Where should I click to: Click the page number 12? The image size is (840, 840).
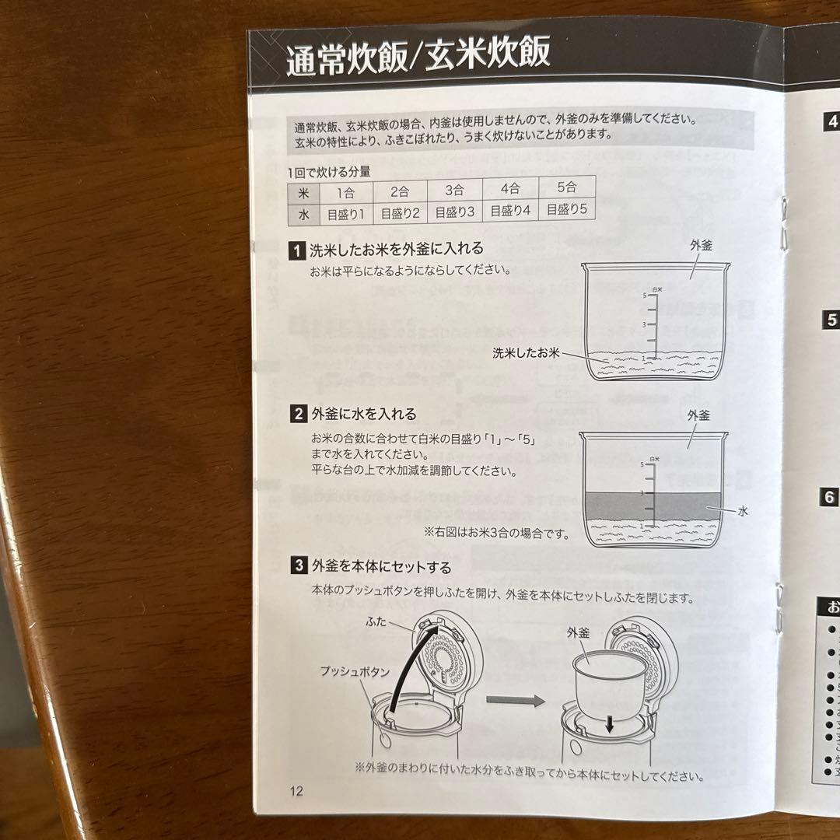296,792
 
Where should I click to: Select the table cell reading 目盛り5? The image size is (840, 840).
566,210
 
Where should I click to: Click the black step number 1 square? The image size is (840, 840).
296,250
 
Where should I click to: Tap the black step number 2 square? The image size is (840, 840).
298,415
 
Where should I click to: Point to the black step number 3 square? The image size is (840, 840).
298,566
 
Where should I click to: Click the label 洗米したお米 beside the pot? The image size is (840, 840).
526,352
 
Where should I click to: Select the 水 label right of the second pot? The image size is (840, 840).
744,512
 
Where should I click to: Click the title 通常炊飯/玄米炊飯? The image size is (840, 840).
418,56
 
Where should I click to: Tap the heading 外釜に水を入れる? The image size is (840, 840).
363,414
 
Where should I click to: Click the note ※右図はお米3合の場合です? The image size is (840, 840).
496,534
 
